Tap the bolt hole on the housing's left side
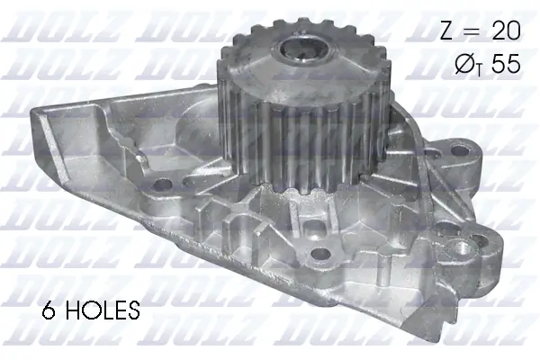165,186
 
